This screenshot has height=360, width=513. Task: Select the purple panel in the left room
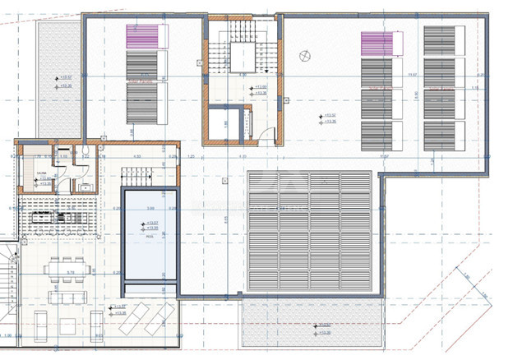(141, 36)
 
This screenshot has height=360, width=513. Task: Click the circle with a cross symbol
(306, 56)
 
